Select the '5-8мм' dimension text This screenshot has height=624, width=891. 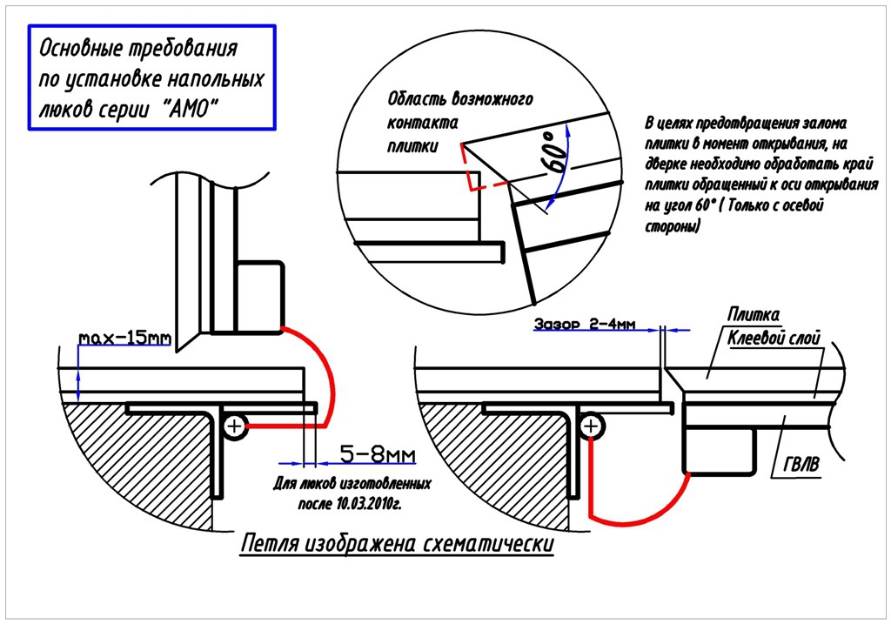(376, 455)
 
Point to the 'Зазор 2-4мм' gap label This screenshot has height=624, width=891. (586, 325)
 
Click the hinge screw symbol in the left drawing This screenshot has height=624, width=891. (234, 426)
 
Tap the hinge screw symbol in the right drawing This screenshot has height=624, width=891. (591, 426)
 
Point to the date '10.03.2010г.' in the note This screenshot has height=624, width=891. (365, 504)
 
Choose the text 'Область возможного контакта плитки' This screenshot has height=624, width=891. (459, 121)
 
